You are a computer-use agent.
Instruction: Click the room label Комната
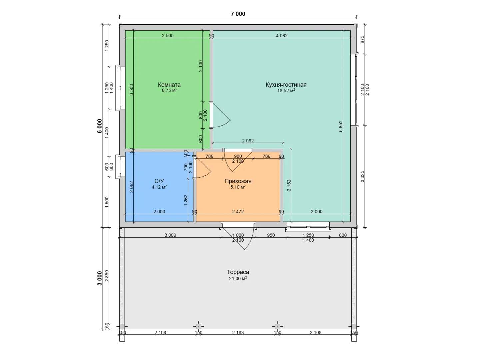pyautogui.click(x=169, y=85)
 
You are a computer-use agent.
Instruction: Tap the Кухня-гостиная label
pyautogui.click(x=286, y=85)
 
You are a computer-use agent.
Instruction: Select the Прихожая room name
pyautogui.click(x=238, y=181)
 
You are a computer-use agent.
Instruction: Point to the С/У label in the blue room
pyautogui.click(x=159, y=181)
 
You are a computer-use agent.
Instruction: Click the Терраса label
pyautogui.click(x=238, y=272)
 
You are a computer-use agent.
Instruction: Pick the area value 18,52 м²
pyautogui.click(x=286, y=91)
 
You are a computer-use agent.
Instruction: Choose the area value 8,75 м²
pyautogui.click(x=169, y=90)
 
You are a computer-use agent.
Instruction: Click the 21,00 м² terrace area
pyautogui.click(x=238, y=278)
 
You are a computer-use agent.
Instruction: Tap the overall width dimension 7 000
pyautogui.click(x=238, y=14)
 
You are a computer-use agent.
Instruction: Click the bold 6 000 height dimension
pyautogui.click(x=100, y=126)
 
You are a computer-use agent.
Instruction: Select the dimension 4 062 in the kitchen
pyautogui.click(x=282, y=36)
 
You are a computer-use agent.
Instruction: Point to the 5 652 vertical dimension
pyautogui.click(x=341, y=126)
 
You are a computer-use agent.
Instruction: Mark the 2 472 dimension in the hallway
pyautogui.click(x=238, y=212)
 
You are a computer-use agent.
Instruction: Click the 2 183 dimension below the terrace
pyautogui.click(x=238, y=333)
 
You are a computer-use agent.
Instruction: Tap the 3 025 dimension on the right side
pyautogui.click(x=362, y=176)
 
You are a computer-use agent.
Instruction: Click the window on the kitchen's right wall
pyautogui.click(x=354, y=90)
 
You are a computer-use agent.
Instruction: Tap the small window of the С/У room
pyautogui.click(x=120, y=167)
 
